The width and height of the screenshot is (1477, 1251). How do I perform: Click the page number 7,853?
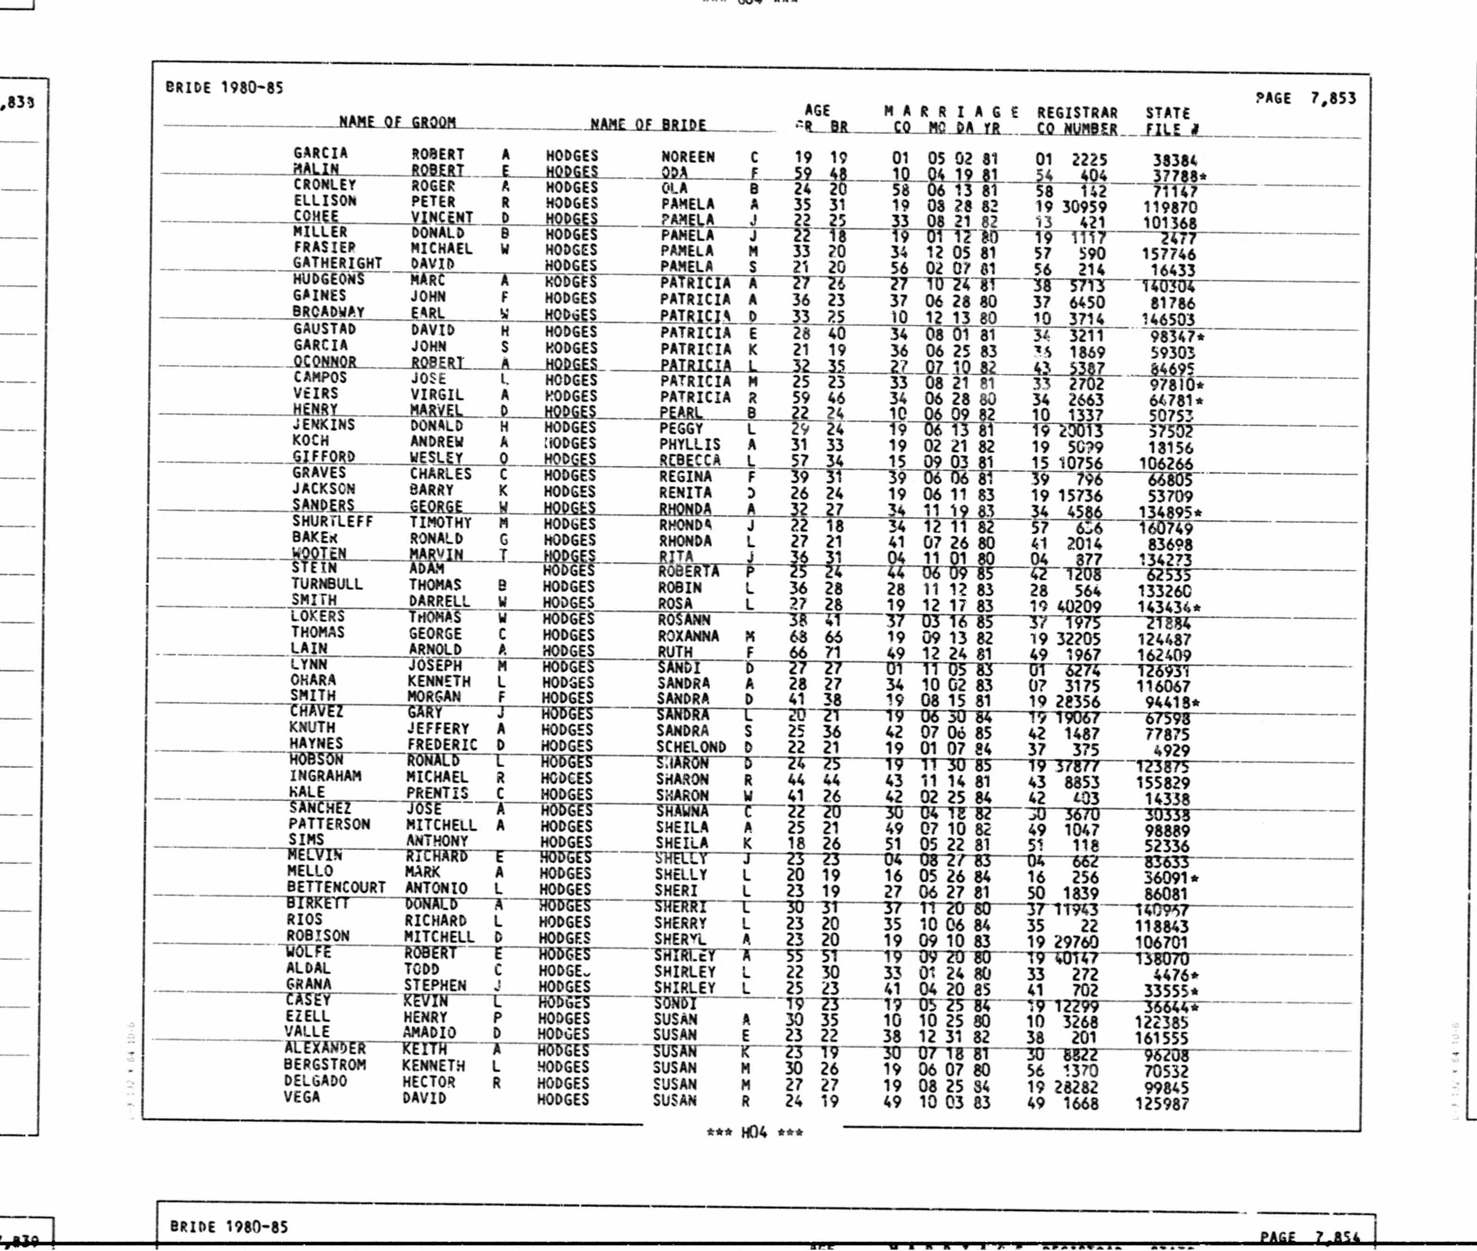point(1332,98)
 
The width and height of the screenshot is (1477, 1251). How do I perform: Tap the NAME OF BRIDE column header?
point(648,125)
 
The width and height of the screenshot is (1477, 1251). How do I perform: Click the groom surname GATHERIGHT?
point(338,263)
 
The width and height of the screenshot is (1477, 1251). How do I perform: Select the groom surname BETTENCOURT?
point(336,887)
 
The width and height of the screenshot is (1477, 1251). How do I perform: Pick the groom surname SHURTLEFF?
point(332,521)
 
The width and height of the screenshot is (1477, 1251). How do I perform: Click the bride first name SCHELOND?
point(690,747)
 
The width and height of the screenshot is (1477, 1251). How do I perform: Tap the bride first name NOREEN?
point(688,157)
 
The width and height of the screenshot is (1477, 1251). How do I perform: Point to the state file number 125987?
point(1161,1104)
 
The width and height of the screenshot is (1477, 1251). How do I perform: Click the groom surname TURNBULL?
point(327,585)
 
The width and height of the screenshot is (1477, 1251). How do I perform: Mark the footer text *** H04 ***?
point(755,1133)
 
